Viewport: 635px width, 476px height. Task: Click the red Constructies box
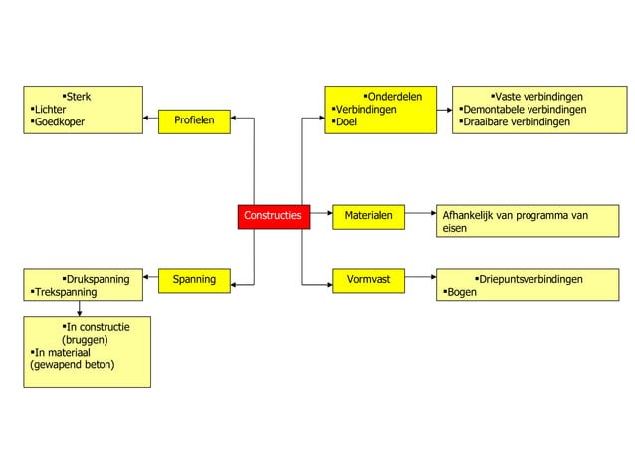click(273, 215)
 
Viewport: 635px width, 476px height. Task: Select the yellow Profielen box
click(194, 121)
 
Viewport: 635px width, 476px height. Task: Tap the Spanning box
click(194, 280)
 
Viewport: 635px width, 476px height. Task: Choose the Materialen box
click(368, 215)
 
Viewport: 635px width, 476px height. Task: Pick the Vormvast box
click(368, 280)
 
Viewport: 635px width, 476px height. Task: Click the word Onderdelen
click(395, 97)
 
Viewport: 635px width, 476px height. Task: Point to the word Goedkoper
click(60, 122)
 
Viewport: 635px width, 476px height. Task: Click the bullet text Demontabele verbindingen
click(525, 110)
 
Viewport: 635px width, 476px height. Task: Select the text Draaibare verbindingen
click(517, 122)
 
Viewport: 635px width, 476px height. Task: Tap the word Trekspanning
click(66, 293)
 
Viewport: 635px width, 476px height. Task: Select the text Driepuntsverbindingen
click(530, 280)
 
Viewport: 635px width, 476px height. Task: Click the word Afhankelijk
click(469, 215)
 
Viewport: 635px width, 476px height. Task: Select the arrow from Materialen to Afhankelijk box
click(420, 215)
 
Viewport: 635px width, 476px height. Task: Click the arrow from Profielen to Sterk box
click(150, 121)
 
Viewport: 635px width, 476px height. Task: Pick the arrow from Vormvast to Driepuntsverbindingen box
click(420, 280)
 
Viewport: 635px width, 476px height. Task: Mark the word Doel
click(346, 122)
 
